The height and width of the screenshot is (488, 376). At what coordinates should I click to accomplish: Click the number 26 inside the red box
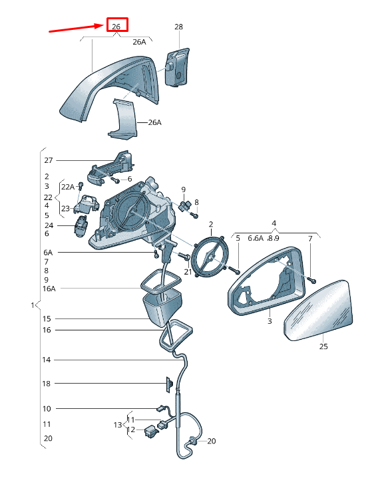point(116,27)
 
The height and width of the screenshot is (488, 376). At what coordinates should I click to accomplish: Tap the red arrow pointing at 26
point(77,28)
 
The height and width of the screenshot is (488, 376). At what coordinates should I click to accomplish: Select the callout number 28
point(178,27)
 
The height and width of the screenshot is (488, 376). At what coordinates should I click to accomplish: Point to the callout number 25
point(323,346)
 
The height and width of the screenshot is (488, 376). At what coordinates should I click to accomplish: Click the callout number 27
point(49,160)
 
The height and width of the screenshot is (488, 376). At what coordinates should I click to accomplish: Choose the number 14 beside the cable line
point(46,360)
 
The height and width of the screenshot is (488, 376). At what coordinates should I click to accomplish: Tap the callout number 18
point(46,384)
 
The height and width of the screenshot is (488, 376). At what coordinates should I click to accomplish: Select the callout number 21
point(188,272)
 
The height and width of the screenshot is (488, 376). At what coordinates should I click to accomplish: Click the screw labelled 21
point(184,257)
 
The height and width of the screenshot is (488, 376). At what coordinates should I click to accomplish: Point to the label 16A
point(49,289)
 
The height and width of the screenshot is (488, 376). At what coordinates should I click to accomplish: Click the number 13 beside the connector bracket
point(118,425)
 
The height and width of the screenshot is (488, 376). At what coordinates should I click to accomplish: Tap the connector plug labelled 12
point(150,431)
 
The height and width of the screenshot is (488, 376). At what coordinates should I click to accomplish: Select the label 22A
point(68,187)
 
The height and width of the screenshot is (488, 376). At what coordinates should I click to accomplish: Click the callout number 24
point(49,225)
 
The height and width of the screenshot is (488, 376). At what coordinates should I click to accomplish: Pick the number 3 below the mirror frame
point(270,321)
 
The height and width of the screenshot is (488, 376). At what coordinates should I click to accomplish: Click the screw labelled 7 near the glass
point(313,281)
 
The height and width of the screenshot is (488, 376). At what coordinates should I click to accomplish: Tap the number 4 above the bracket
point(274,223)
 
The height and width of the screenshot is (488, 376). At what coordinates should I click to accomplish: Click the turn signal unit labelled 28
point(176,67)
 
